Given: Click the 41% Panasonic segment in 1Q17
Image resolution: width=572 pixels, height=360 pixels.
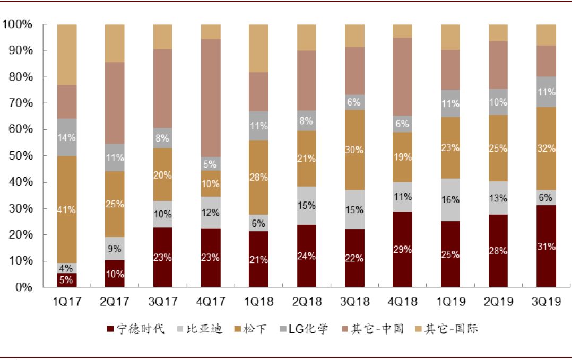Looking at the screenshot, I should coord(67,209).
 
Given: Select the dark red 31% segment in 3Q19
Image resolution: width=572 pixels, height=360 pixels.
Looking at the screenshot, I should coord(546,247).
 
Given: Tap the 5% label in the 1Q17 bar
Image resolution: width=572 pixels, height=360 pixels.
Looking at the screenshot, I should coord(67,279).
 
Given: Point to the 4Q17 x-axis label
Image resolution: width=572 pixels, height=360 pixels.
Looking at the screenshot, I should coord(211,302).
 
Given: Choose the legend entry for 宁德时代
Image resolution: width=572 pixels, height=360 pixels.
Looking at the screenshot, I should coord(136,329).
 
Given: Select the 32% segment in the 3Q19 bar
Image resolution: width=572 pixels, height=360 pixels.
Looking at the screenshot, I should coord(546,148).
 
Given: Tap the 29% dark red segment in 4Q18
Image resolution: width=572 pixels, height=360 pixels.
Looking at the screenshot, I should coord(402,249).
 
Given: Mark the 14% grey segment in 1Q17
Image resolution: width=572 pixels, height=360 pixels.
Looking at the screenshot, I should coord(67,137).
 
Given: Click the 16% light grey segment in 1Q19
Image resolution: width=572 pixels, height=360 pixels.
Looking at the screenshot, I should coord(450,200).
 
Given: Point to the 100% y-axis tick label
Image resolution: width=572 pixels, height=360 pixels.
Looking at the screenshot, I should coord(18,24).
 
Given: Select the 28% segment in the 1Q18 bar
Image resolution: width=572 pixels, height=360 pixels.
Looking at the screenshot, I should coord(258,177).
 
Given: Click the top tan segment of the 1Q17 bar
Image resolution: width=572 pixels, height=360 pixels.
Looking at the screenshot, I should coord(67,55).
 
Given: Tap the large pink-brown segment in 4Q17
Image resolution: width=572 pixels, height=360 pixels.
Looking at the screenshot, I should coord(211,98).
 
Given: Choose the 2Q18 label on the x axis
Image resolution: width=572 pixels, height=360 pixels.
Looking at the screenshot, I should coord(307,302).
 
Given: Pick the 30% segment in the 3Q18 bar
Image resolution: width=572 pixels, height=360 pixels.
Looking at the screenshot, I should coord(354,150).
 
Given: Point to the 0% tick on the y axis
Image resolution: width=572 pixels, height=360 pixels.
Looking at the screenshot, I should coord(22,287).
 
